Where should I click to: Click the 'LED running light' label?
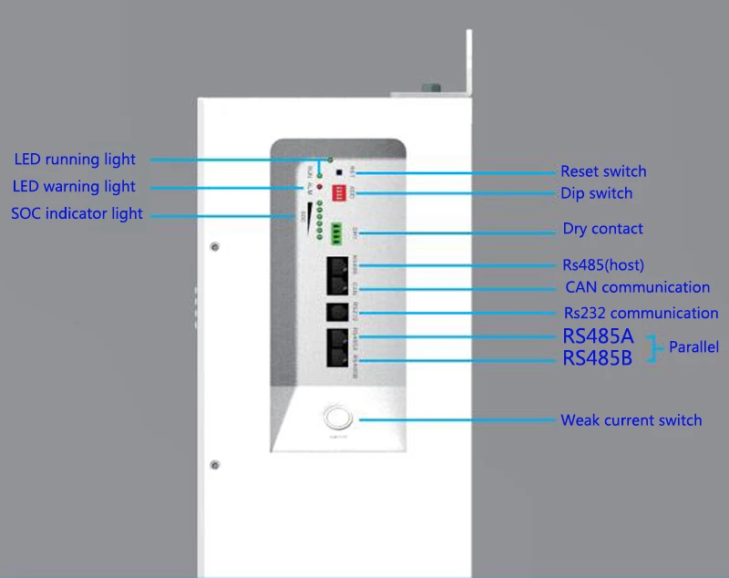click(x=75, y=160)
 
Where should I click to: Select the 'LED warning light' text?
click(x=74, y=187)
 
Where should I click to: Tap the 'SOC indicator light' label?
click(x=77, y=214)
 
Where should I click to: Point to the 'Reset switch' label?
click(x=603, y=171)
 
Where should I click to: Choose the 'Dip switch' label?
click(x=596, y=193)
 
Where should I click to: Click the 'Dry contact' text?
click(x=602, y=229)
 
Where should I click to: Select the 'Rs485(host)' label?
click(x=603, y=265)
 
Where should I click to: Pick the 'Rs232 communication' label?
click(x=640, y=314)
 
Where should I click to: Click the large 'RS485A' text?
click(x=598, y=336)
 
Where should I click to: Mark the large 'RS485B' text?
click(x=597, y=358)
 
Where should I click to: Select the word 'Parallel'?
click(x=693, y=347)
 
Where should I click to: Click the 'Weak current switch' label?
click(x=631, y=420)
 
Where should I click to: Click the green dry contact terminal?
click(x=337, y=232)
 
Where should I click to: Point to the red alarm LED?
click(x=320, y=186)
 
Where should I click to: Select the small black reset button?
click(x=339, y=171)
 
